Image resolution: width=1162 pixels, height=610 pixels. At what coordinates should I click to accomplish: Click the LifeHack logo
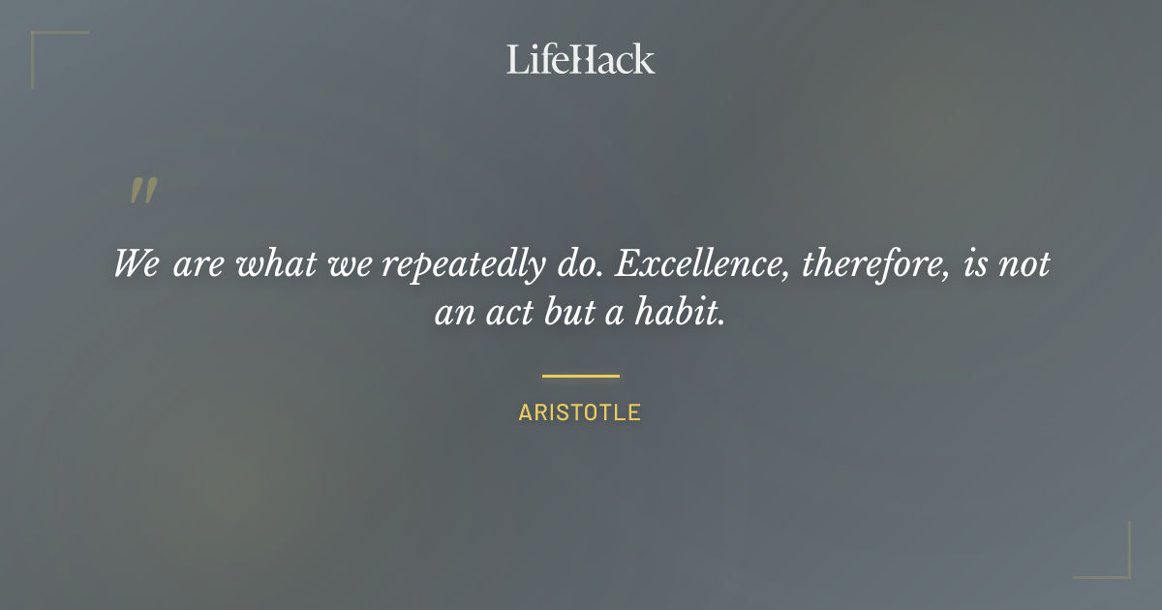(580, 59)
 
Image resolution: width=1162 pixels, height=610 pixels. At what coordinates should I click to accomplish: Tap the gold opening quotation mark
(143, 191)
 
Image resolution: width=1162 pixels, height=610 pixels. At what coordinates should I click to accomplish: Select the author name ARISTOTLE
(579, 412)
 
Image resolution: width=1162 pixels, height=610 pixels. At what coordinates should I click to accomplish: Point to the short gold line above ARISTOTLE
(580, 376)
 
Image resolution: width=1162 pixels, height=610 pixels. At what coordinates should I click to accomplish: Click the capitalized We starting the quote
(137, 264)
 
